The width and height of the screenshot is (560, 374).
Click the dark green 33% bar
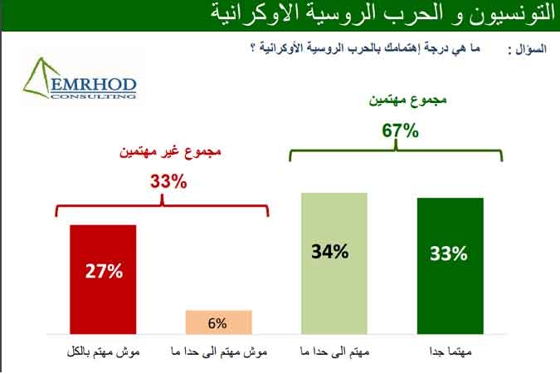(x=450, y=266)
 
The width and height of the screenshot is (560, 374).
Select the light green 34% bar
(x=334, y=263)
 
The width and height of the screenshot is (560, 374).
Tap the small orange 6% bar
(x=218, y=322)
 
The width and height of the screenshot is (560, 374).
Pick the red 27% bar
(x=103, y=279)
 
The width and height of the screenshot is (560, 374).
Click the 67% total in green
(x=400, y=130)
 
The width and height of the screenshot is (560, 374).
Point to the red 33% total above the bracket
(x=168, y=181)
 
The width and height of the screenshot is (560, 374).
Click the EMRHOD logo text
(x=94, y=85)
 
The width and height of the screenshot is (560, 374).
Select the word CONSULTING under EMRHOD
(x=94, y=96)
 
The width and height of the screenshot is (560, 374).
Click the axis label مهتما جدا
(x=450, y=352)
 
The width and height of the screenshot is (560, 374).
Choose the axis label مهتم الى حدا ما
(x=334, y=352)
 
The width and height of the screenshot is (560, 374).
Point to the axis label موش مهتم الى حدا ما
(x=219, y=352)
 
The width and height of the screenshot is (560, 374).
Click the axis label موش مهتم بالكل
(x=103, y=352)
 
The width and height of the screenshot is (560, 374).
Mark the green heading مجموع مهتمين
(x=407, y=100)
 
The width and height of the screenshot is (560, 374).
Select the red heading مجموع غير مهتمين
(x=170, y=151)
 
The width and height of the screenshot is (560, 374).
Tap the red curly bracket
(x=162, y=205)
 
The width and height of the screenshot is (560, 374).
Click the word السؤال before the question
(x=531, y=49)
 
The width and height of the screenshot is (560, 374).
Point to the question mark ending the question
(x=253, y=48)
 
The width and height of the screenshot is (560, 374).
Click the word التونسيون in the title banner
(x=510, y=14)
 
